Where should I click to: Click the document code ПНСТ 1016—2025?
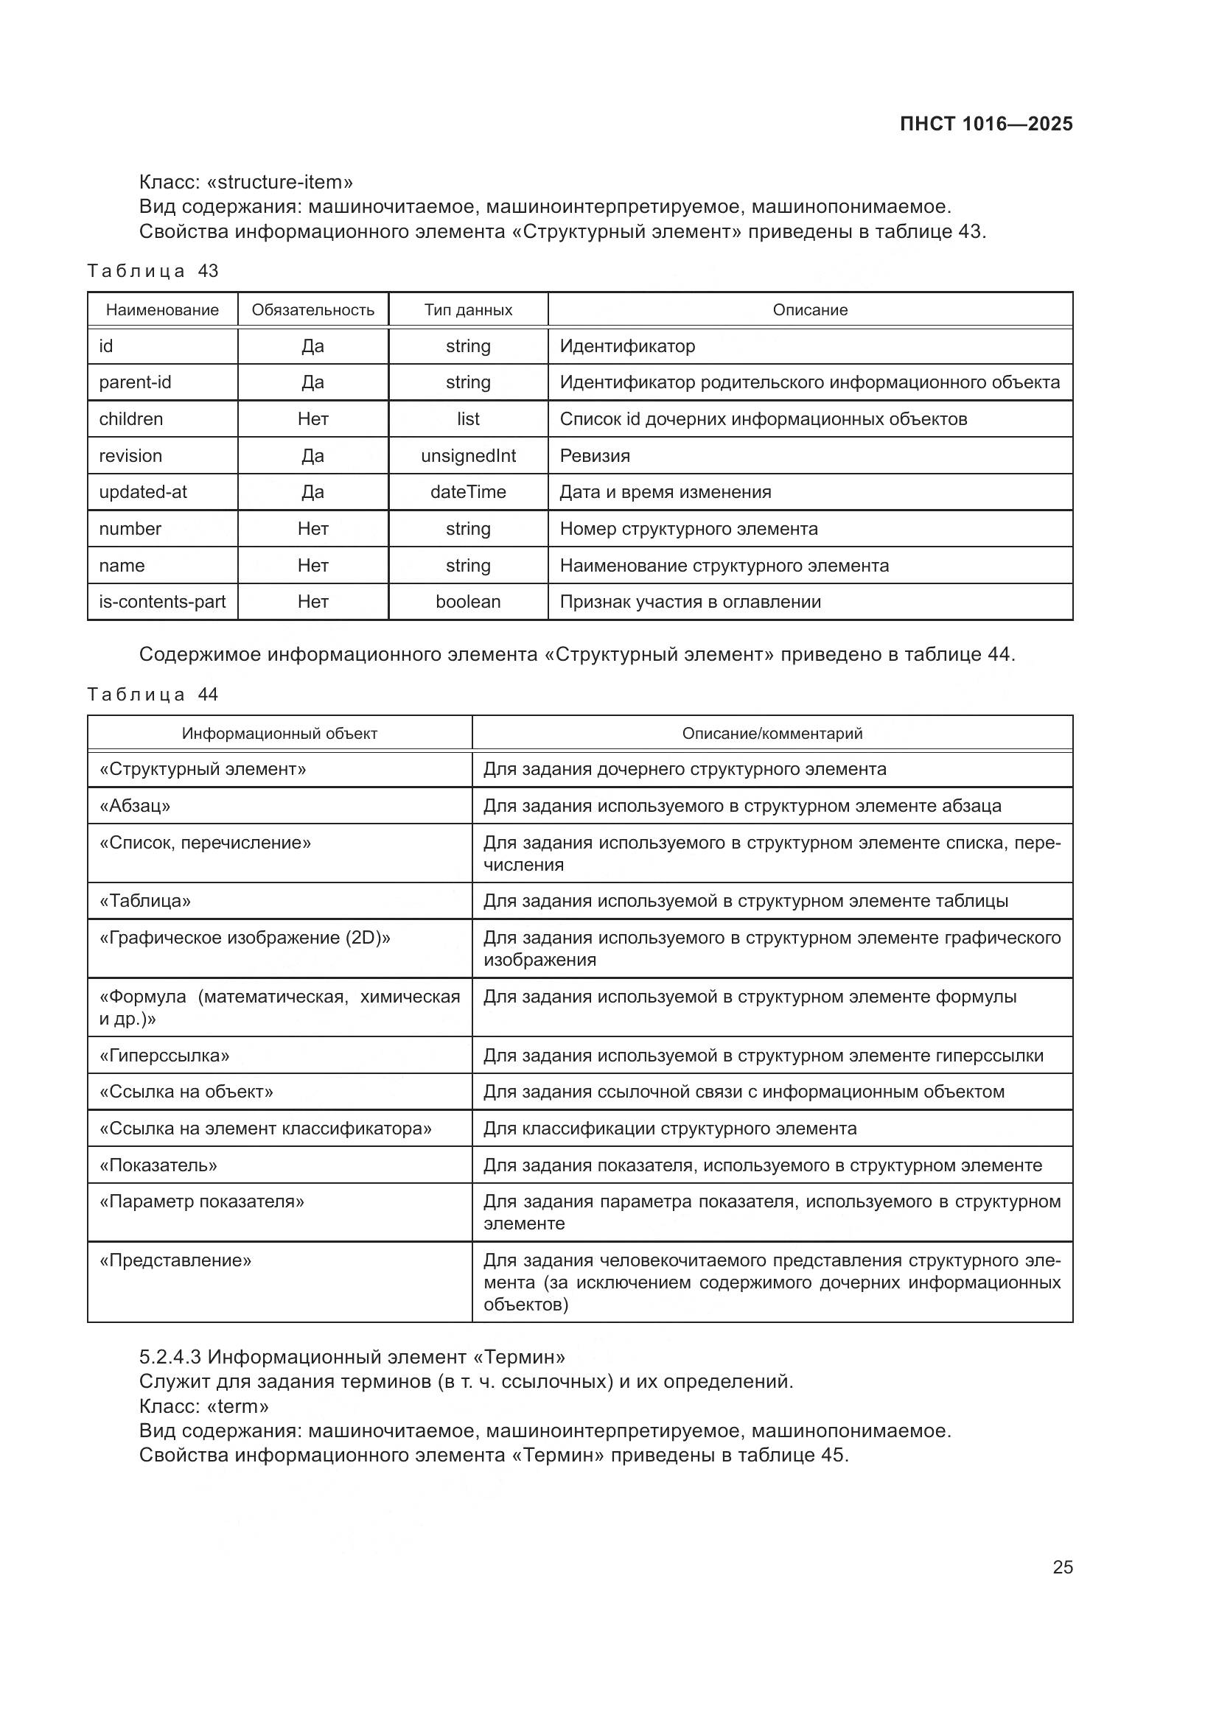click(x=985, y=124)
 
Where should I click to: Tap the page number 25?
click(x=1062, y=1567)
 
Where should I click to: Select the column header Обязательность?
click(x=312, y=310)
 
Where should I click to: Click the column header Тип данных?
click(x=468, y=310)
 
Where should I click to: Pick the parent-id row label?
click(x=135, y=382)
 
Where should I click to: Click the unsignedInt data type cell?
click(x=468, y=455)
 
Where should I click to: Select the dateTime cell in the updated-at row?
click(x=468, y=491)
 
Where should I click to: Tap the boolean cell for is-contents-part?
click(x=468, y=601)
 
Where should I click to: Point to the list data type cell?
click(x=468, y=418)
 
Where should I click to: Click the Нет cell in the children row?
click(x=312, y=418)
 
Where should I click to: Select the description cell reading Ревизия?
click(x=595, y=455)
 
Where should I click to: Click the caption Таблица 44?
click(x=153, y=694)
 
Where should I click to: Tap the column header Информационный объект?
click(x=279, y=733)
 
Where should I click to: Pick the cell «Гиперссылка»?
click(x=164, y=1055)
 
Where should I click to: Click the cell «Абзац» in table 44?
click(x=135, y=805)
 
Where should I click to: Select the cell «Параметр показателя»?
click(x=202, y=1201)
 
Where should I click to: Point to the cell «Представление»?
click(x=175, y=1260)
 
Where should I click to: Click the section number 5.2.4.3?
click(x=170, y=1357)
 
